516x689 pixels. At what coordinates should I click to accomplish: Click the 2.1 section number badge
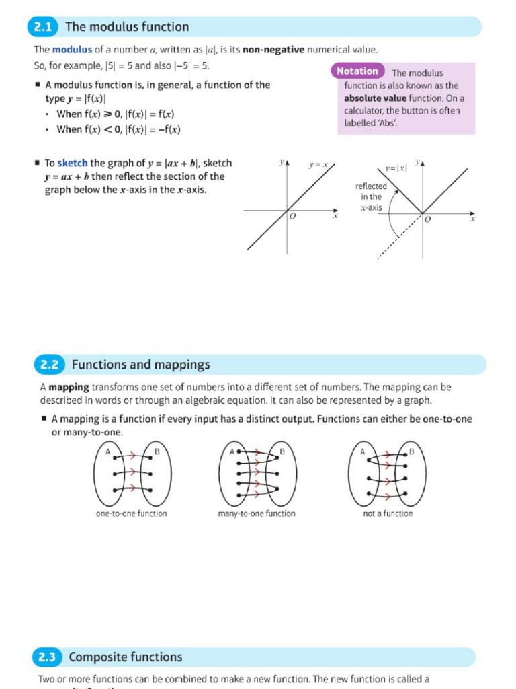pos(43,27)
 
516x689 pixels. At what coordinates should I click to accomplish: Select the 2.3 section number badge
pos(47,657)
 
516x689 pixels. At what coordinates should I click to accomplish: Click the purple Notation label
pos(357,71)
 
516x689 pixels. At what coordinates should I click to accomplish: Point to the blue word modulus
pos(72,50)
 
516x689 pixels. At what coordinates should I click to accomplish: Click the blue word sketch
pos(73,163)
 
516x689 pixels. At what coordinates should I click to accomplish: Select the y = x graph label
pos(318,164)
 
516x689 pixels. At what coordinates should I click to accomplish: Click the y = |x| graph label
pos(396,168)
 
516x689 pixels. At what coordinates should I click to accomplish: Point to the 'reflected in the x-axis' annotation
pos(371,196)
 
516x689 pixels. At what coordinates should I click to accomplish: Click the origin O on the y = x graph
pos(292,217)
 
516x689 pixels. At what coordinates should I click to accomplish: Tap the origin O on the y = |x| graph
pos(428,220)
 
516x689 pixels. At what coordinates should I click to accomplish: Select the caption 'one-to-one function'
pos(132,513)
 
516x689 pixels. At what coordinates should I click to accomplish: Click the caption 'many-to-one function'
pos(257,513)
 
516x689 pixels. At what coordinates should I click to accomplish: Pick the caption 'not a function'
pos(387,513)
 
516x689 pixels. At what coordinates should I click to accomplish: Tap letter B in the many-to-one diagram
pos(282,451)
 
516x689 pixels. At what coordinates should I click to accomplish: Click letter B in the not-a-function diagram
pos(412,451)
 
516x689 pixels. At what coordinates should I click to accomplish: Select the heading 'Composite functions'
pos(126,657)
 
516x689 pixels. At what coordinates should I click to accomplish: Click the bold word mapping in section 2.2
pos(69,388)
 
